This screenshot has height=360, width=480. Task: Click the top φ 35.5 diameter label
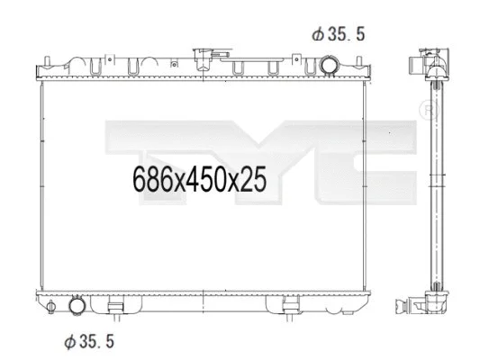point(340,34)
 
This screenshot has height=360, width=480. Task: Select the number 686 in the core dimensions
point(151,180)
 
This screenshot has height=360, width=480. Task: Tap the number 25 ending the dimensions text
point(255,180)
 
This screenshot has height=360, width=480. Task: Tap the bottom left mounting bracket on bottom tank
point(115,310)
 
